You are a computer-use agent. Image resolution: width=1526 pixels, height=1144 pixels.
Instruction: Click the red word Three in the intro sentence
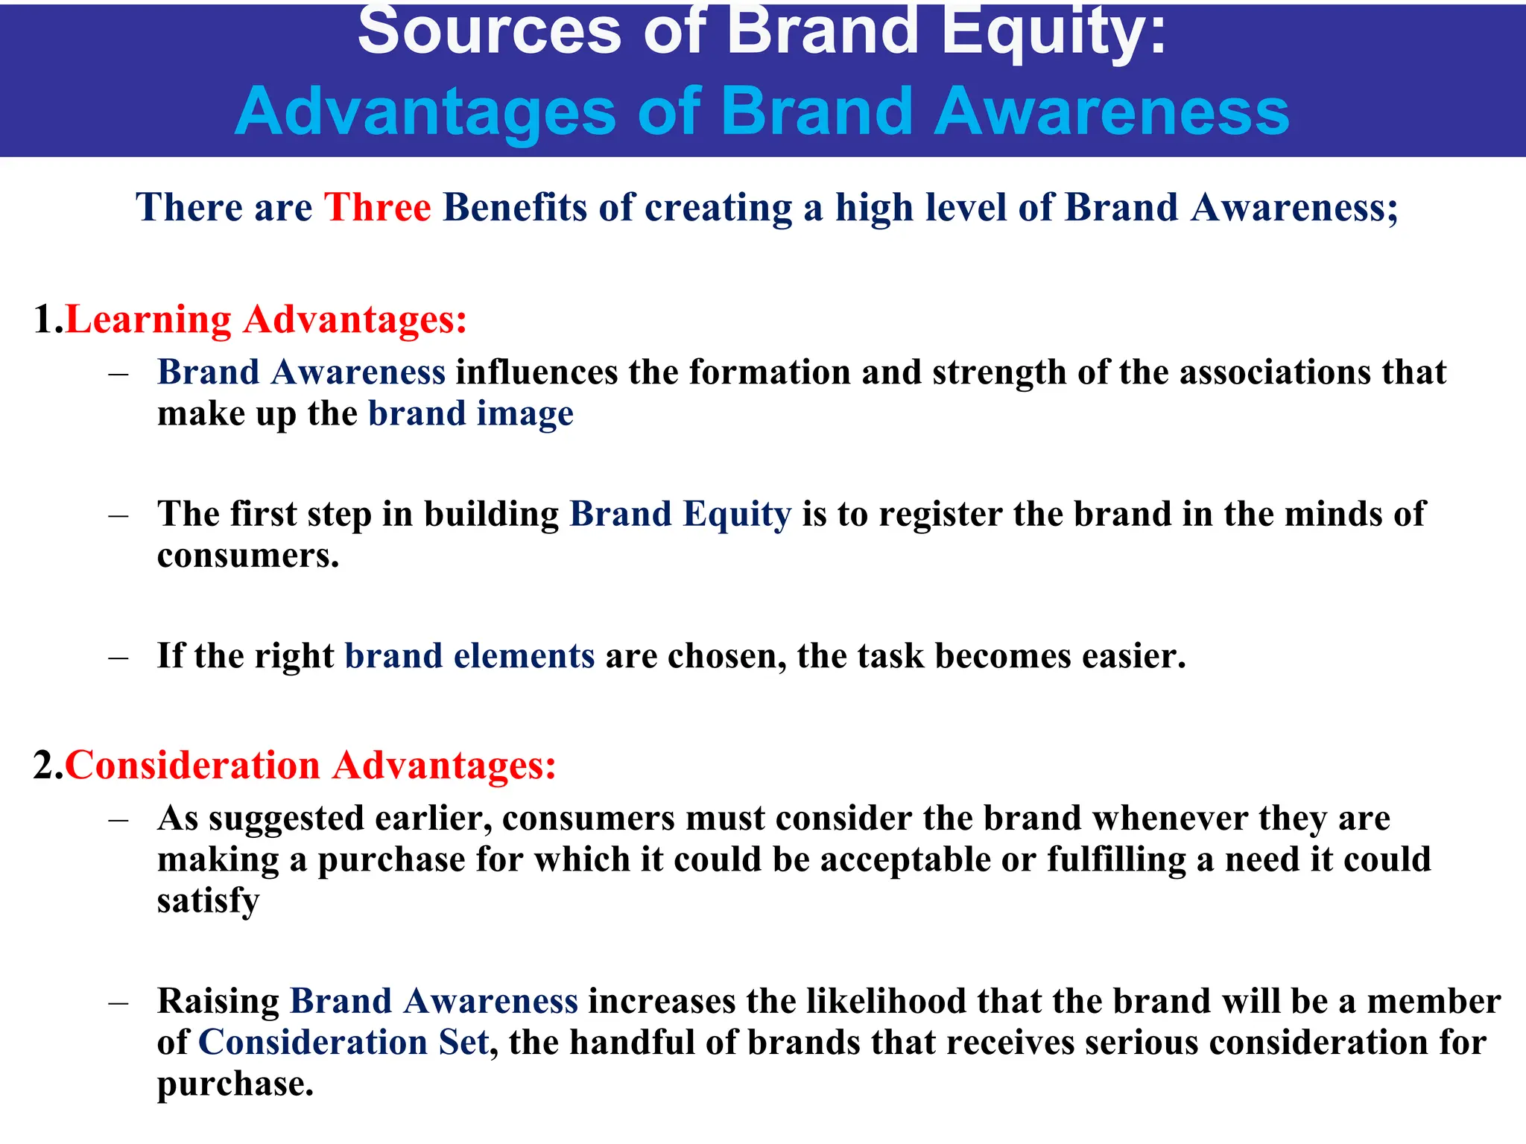click(x=377, y=207)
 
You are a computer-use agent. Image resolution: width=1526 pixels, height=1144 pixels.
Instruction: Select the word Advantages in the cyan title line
click(x=425, y=112)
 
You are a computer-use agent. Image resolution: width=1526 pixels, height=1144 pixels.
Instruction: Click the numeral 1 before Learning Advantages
click(x=43, y=320)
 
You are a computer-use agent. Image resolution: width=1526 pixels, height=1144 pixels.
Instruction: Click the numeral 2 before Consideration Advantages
click(x=45, y=766)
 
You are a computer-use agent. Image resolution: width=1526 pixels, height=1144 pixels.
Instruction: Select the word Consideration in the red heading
click(x=192, y=766)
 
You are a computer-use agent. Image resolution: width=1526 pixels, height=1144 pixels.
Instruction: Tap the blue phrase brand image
click(x=470, y=413)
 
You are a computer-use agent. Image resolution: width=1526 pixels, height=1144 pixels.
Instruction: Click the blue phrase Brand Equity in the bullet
click(x=680, y=514)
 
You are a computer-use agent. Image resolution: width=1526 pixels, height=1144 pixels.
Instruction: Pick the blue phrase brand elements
click(x=469, y=656)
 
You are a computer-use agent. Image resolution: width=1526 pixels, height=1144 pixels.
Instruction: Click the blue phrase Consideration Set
click(x=343, y=1042)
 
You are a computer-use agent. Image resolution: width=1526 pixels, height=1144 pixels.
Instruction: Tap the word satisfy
click(x=208, y=901)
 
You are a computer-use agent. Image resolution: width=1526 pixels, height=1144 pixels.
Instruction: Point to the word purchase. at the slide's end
click(x=235, y=1084)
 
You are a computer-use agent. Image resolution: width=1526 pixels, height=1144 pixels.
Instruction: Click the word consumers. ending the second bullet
click(x=248, y=556)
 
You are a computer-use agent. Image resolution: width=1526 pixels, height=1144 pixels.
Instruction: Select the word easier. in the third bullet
click(x=1133, y=656)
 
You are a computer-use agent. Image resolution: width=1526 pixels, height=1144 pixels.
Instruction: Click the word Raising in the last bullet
click(x=218, y=1001)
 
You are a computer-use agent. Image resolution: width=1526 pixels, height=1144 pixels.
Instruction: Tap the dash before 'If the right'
click(x=118, y=658)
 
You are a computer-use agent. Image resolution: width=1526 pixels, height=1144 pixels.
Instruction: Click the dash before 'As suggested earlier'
click(x=118, y=819)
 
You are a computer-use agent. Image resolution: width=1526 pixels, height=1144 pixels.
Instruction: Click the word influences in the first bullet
click(x=536, y=372)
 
